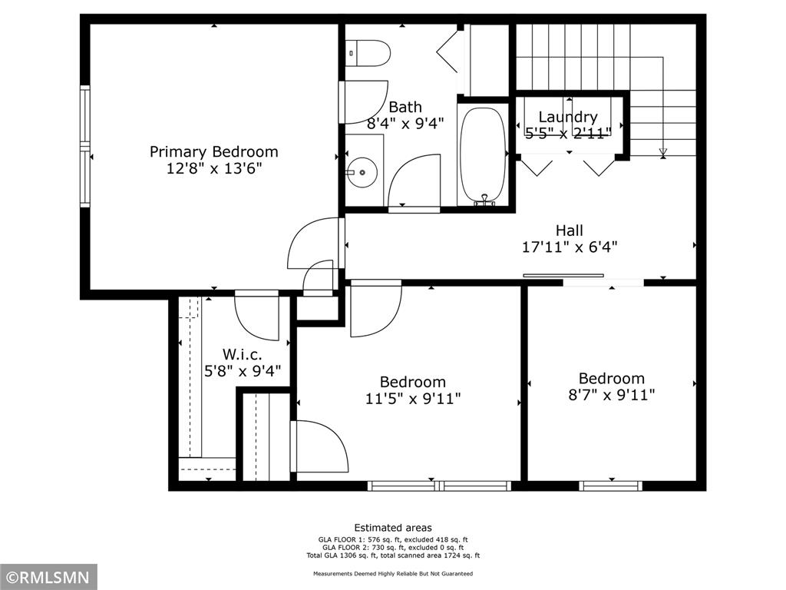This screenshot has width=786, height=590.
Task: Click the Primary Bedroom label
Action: (214, 151)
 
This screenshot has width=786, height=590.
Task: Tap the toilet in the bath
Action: (368, 53)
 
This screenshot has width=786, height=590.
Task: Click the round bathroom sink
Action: (362, 172)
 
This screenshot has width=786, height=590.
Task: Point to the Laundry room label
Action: (568, 117)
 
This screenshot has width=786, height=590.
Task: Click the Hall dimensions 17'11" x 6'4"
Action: (570, 247)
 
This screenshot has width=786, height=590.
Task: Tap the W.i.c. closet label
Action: (242, 355)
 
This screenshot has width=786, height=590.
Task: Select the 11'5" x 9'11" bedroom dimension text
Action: (413, 399)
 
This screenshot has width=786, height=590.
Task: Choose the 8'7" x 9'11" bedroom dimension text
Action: (612, 396)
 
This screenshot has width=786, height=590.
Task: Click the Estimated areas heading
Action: (393, 528)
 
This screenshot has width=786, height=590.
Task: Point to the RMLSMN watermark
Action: (48, 577)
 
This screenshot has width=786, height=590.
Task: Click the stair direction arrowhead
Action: (663, 152)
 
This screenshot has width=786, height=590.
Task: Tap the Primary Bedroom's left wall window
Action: (84, 146)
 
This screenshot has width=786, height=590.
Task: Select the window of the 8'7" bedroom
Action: (610, 486)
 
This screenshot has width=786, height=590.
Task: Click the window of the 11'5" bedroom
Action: (440, 486)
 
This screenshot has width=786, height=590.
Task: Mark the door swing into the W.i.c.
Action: (256, 315)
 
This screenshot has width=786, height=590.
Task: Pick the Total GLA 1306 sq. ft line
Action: (393, 555)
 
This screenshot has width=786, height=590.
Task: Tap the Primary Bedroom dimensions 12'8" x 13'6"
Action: (214, 168)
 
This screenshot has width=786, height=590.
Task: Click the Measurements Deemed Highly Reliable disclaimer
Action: (393, 573)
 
